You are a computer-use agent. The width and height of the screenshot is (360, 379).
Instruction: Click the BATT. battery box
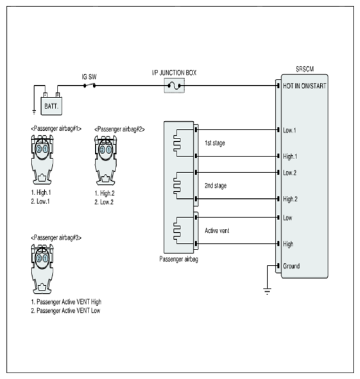tap(51, 106)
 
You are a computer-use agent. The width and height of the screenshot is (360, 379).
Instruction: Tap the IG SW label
tap(89, 77)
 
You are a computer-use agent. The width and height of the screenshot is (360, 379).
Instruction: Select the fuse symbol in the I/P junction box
tap(174, 85)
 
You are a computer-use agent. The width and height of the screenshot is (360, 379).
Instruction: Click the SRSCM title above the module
tap(305, 69)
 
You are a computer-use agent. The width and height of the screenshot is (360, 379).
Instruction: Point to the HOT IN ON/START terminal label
tap(305, 86)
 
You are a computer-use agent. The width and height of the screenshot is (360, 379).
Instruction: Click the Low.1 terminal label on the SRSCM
tap(289, 130)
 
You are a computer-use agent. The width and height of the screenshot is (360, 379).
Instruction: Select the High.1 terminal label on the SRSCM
tap(290, 156)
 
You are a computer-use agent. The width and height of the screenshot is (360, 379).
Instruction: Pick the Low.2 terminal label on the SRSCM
tap(289, 173)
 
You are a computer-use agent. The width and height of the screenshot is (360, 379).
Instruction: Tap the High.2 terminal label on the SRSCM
tap(290, 199)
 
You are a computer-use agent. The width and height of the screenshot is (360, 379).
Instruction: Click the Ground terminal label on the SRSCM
tap(291, 266)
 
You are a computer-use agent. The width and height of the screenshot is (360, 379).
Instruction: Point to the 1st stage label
tap(215, 143)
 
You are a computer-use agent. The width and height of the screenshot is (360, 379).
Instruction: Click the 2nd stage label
tap(216, 185)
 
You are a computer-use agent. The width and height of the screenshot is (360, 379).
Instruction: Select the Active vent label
tap(217, 231)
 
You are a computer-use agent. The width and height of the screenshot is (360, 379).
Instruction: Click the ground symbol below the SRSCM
tap(267, 291)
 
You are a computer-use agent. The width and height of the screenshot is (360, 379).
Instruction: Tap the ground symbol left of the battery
tap(34, 112)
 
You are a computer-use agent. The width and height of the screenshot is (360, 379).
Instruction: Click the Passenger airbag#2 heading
tap(119, 130)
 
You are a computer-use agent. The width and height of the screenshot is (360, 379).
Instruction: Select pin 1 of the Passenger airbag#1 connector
tap(46, 149)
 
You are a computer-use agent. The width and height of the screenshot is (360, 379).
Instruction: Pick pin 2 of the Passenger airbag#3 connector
tap(39, 258)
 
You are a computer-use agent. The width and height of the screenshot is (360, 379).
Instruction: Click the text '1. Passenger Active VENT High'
tap(66, 302)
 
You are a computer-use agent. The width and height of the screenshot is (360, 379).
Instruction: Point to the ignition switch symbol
tap(89, 85)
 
